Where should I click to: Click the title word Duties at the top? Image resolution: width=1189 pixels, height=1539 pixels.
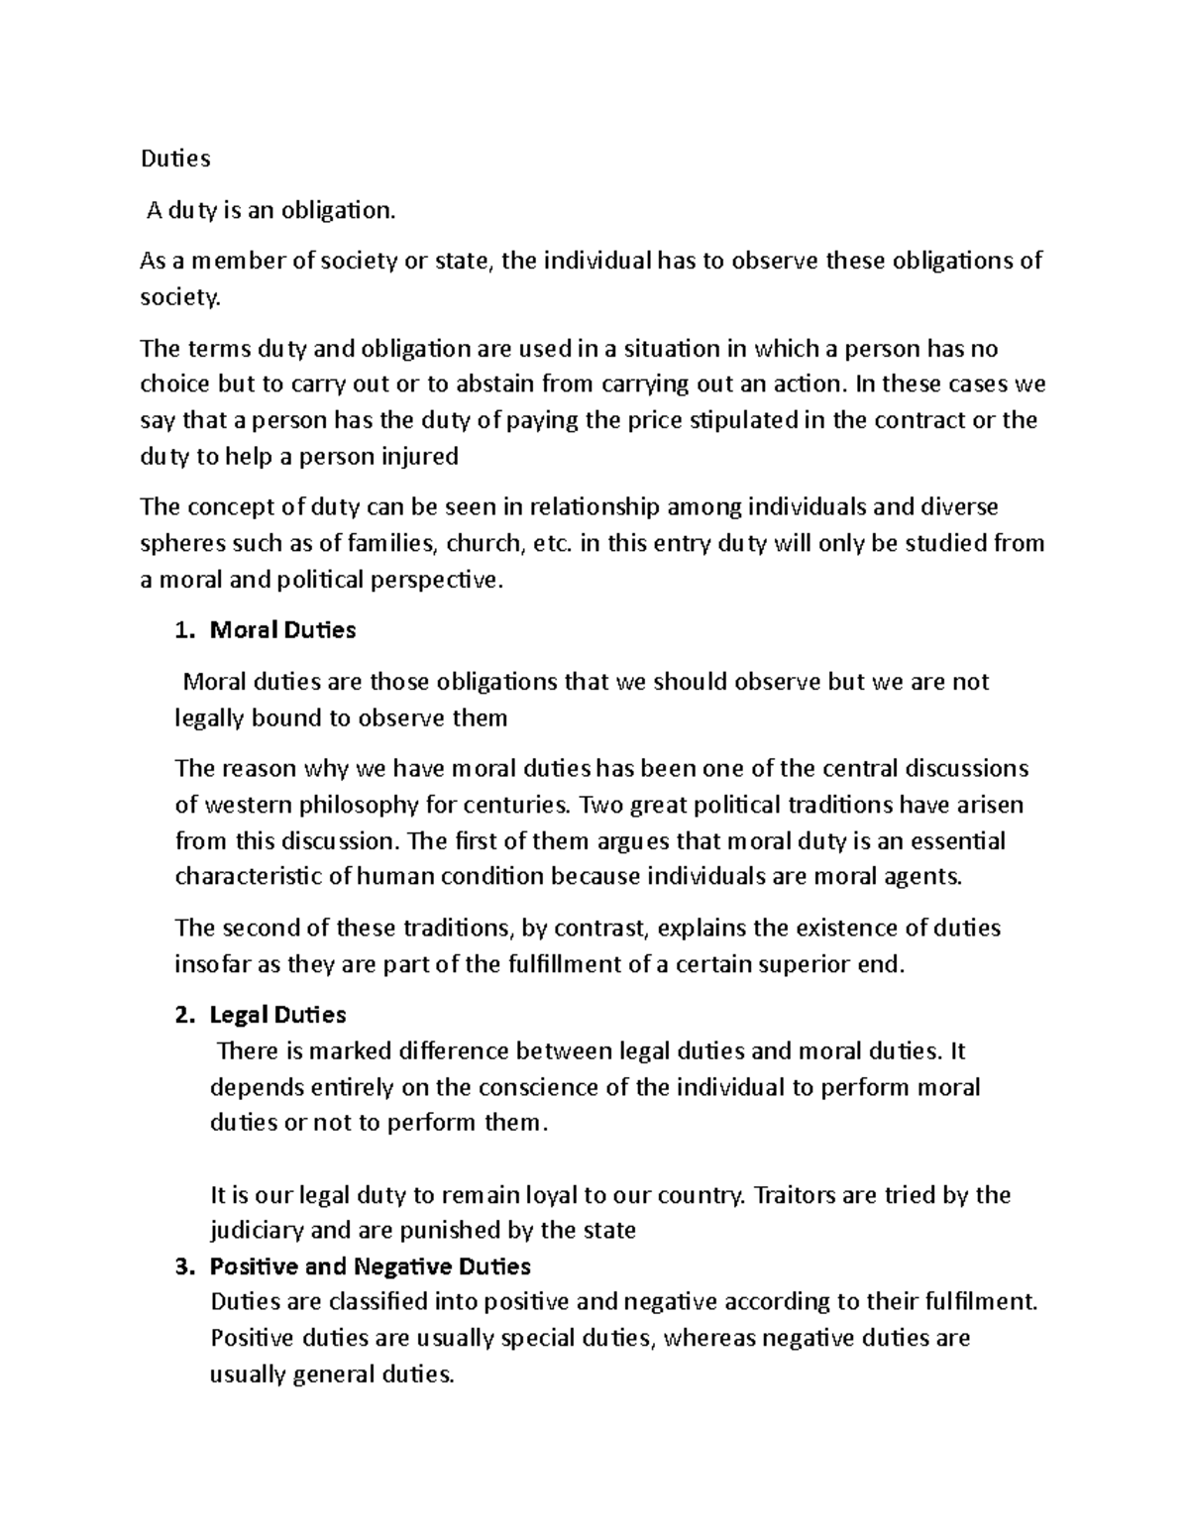pyautogui.click(x=175, y=159)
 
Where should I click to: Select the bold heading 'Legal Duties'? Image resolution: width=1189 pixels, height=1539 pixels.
pyautogui.click(x=277, y=1016)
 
